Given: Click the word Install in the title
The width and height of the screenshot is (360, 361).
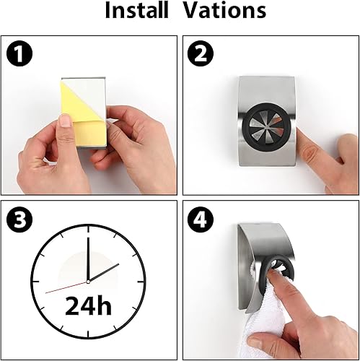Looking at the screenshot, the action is [136, 10].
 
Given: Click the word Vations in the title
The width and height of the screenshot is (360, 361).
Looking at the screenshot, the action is [224, 10].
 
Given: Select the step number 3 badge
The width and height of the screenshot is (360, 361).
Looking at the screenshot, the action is [19, 219].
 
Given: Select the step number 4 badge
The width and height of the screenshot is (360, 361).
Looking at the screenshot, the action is [201, 219].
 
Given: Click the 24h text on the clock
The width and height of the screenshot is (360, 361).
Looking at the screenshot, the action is [88, 305].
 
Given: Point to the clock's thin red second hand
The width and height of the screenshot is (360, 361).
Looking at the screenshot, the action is [66, 287].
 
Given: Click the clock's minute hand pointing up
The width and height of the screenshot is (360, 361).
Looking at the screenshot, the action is [88, 259].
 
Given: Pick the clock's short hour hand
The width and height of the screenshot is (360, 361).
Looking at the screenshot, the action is [104, 272].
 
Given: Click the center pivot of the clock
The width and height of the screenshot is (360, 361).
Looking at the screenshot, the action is [88, 282].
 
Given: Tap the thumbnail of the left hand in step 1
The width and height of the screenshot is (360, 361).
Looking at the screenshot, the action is [65, 121].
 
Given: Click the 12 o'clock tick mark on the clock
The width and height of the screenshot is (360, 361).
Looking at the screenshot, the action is [88, 229].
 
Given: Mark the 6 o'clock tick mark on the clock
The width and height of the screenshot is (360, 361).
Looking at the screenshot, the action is [88, 335].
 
